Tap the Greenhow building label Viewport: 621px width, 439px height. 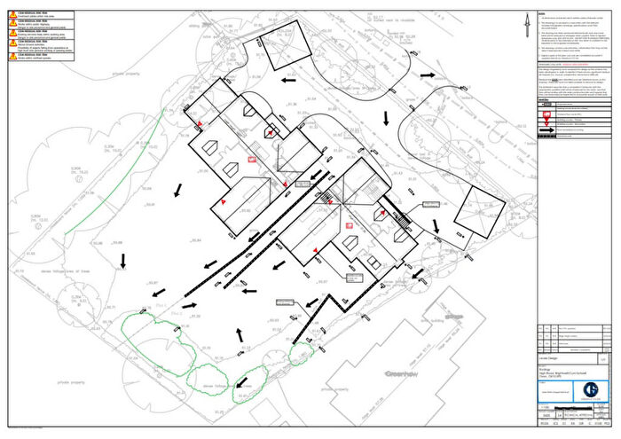pyautogui.click(x=400, y=373)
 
